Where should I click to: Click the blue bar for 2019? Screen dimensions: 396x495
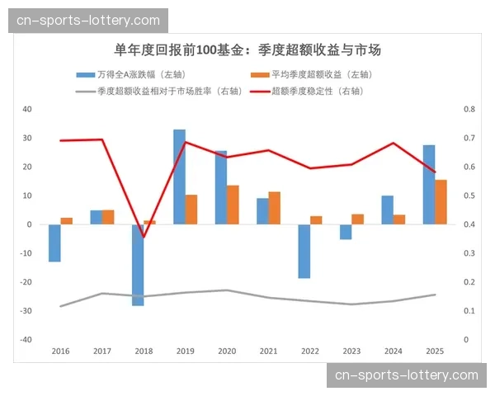pos(179,177)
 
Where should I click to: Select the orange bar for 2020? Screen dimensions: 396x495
pos(233,205)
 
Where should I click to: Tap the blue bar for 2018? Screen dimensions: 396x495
pos(138,265)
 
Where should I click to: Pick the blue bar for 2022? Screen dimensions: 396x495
pos(304,251)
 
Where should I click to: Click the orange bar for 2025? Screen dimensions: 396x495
pos(441,202)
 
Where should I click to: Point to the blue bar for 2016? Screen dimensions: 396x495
pos(54,243)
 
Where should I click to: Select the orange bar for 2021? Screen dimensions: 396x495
pos(275,208)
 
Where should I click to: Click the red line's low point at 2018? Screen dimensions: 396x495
pos(144,238)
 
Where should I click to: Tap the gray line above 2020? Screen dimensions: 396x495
pos(227,290)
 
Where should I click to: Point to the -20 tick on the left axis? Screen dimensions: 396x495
pos(26,282)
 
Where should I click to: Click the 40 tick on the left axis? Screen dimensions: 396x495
pos(27,109)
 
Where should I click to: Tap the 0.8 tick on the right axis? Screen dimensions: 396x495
pos(469,109)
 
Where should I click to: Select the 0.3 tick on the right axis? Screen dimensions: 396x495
pos(469,253)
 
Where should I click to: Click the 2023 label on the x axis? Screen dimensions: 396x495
pos(351,351)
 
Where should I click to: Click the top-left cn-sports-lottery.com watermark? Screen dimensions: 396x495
pos(89,20)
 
